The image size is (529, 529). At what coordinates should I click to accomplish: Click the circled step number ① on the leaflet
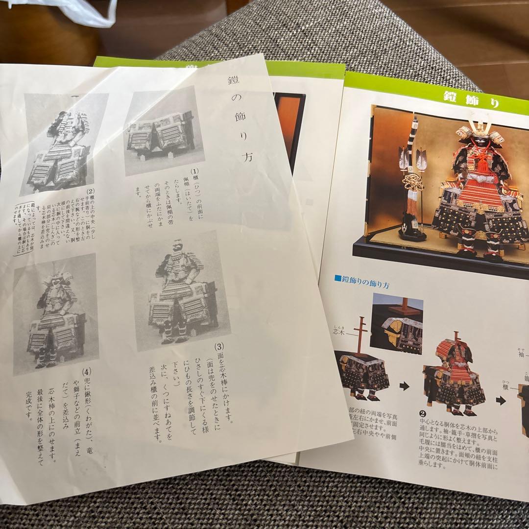(x=195, y=172)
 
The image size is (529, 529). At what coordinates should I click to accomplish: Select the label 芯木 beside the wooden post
(x=345, y=332)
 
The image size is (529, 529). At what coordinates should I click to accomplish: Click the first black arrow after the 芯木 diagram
(x=404, y=386)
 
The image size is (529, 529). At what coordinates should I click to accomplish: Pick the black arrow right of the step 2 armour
(x=500, y=400)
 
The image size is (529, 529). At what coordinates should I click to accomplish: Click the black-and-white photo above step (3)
(x=180, y=290)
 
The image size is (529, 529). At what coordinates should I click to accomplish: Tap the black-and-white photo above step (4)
(x=55, y=313)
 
